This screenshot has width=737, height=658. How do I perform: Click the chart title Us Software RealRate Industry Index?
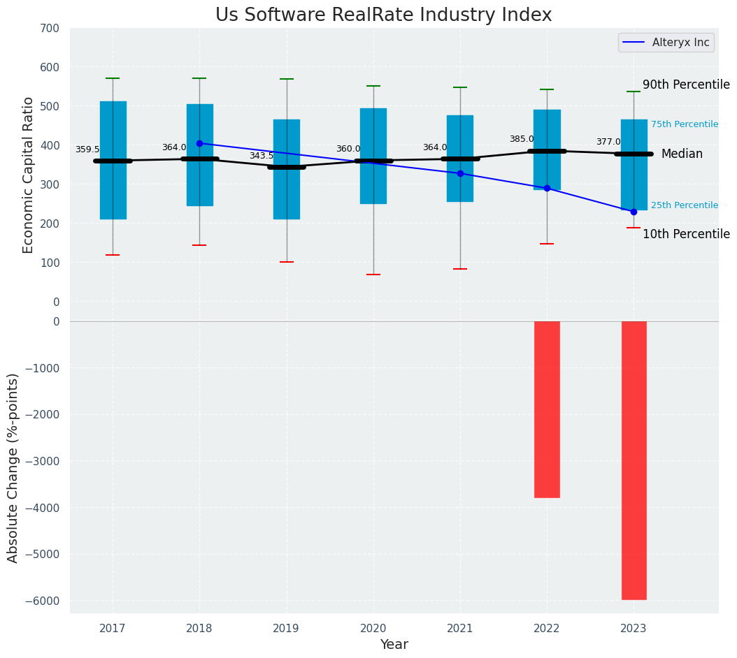point(383,15)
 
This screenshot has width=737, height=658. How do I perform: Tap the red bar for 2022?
point(547,409)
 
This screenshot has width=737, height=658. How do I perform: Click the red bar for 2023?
point(634,460)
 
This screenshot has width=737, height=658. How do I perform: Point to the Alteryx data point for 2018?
point(199,143)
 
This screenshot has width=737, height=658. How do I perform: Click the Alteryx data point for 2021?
point(460,173)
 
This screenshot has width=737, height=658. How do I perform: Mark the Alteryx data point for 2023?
point(634,212)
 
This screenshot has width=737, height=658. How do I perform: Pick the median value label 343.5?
point(262,156)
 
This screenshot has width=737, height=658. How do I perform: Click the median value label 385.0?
point(522,139)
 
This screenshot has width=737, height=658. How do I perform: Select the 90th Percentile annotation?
point(686,85)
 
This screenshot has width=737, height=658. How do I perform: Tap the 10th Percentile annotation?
point(686,234)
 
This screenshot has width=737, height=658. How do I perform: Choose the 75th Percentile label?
point(685,124)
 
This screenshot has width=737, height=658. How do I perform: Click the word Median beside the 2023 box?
point(682,154)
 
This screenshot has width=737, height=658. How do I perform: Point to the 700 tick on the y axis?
point(50,28)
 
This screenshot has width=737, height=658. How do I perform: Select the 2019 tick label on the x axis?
point(286,629)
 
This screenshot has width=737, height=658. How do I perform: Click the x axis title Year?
point(394,645)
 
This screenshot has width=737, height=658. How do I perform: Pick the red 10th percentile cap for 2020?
point(373,275)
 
